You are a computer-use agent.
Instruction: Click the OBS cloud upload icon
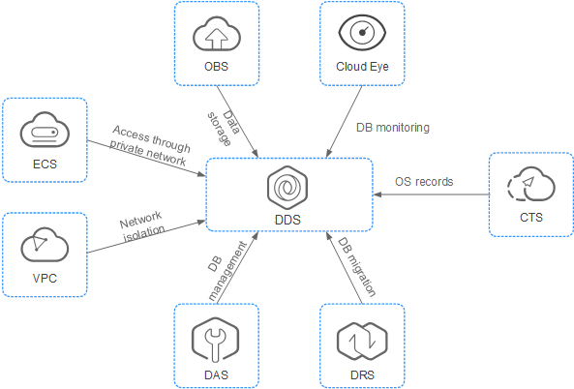[217, 34]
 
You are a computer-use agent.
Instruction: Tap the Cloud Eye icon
[362, 33]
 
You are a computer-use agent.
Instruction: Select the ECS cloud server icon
[45, 130]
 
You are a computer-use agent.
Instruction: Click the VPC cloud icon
[45, 244]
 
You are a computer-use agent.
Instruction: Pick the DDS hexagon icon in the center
[287, 188]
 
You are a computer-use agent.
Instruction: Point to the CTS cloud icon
[531, 184]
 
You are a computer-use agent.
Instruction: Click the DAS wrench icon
[215, 341]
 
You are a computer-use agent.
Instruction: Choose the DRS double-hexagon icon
[362, 341]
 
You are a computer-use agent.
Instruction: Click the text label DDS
[287, 220]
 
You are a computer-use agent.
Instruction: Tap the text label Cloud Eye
[362, 67]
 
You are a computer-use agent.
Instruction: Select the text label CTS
[531, 218]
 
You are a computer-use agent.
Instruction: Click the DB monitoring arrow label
[393, 128]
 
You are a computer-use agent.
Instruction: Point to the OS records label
[424, 182]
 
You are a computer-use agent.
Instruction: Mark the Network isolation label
[141, 226]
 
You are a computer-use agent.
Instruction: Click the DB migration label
[356, 266]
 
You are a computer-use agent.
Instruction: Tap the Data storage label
[224, 128]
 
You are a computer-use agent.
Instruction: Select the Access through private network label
[150, 145]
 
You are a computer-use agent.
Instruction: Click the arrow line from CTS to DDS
[431, 194]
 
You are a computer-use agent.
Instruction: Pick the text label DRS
[362, 375]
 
